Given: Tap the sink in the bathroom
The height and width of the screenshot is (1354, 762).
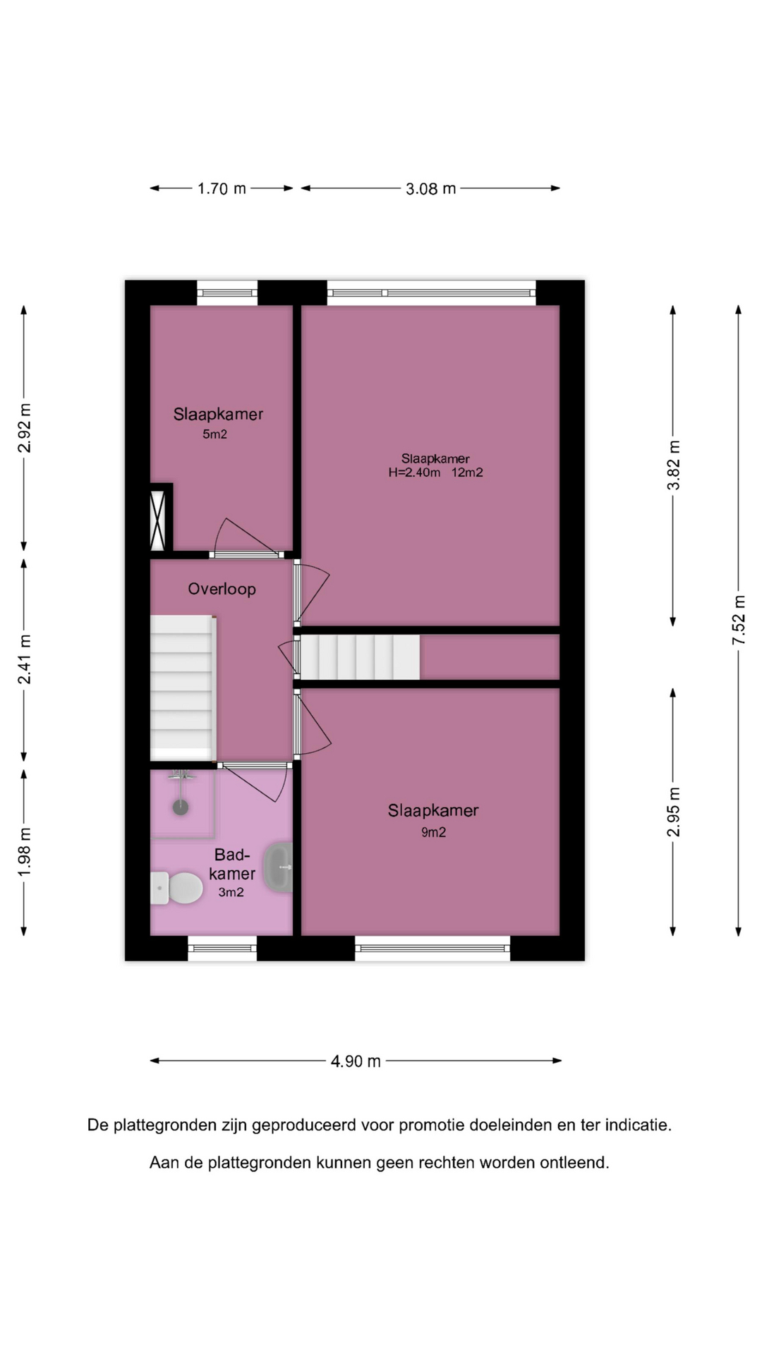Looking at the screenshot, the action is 278,867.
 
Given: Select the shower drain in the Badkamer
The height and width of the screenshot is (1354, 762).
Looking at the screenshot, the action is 181,807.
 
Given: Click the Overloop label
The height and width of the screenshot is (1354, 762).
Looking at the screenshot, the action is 222,589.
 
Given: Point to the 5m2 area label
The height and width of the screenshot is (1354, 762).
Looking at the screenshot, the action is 215,434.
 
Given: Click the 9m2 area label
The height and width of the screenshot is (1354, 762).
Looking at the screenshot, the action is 434,832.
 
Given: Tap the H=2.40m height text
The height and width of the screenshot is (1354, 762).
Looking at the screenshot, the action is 414,472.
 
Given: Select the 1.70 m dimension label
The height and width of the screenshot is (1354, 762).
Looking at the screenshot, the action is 222,188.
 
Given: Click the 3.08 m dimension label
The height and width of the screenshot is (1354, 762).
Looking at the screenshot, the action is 430,188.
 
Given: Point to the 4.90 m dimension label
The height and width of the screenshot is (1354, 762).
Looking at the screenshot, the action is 356,1061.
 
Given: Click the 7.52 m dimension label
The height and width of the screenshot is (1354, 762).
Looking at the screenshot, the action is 739,620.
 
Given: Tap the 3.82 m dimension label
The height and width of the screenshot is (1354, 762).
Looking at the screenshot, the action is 674,465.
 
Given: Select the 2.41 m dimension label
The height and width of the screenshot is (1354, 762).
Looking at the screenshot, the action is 25,659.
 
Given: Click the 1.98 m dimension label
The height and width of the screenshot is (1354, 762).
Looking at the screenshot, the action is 25,853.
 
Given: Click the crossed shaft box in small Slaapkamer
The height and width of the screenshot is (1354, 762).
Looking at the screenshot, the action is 158,520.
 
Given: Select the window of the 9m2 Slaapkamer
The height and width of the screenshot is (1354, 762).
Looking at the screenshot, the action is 433,948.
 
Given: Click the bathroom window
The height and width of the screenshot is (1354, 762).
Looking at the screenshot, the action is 222,948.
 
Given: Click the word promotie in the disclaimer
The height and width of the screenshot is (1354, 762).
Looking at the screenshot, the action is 430,1126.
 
